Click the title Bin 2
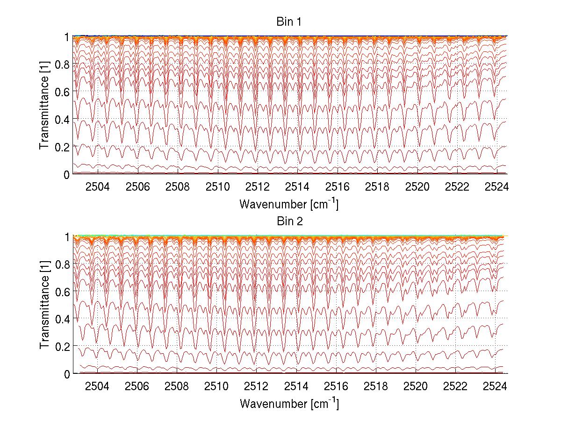pyautogui.click(x=288, y=221)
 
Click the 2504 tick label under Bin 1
pyautogui.click(x=97, y=187)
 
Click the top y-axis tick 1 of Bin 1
pyautogui.click(x=67, y=36)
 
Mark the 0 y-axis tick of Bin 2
pyautogui.click(x=67, y=374)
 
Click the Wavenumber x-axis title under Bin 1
pyautogui.click(x=288, y=204)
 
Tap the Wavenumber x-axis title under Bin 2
pyautogui.click(x=288, y=403)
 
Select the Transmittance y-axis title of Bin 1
pyautogui.click(x=44, y=105)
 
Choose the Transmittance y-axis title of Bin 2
pyautogui.click(x=44, y=305)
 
